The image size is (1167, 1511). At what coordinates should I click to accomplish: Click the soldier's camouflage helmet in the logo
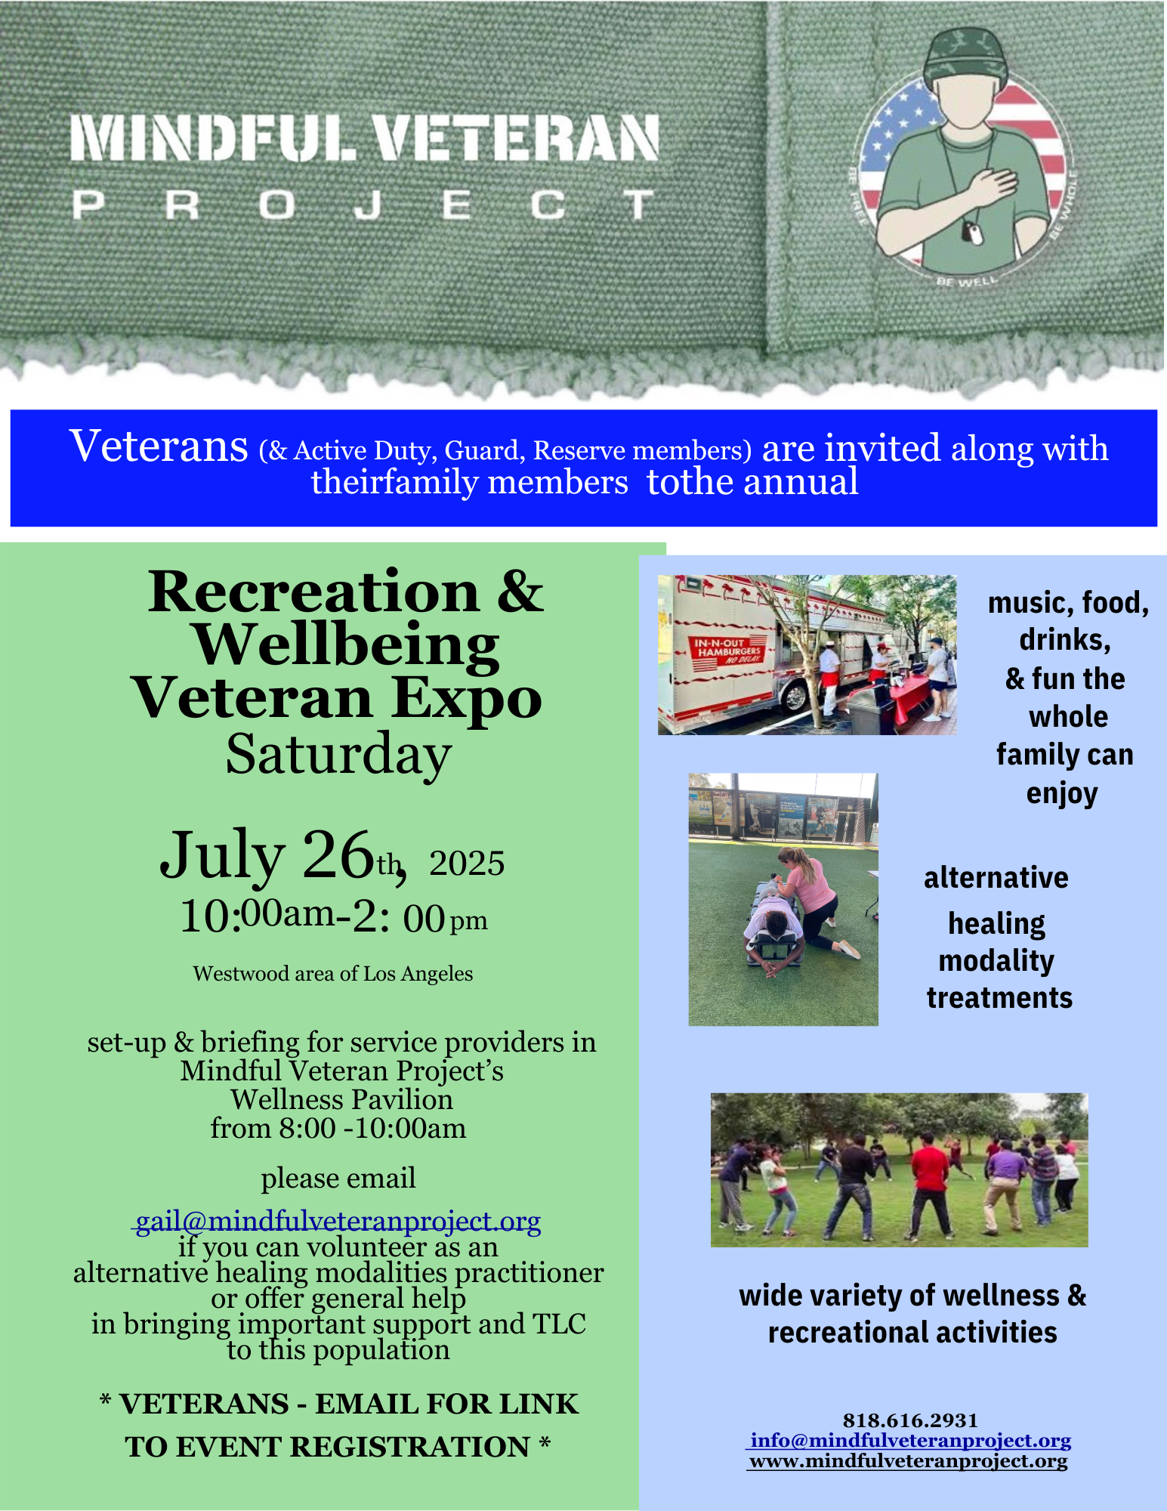click(967, 54)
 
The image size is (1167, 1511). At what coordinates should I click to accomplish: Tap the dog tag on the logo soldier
click(975, 233)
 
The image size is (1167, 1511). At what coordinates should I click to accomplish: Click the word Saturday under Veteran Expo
click(338, 754)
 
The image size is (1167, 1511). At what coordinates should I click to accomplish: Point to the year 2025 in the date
click(467, 864)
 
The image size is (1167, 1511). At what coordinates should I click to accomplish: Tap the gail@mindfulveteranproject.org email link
click(338, 1221)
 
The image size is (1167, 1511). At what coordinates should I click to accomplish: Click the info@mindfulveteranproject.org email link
click(910, 1441)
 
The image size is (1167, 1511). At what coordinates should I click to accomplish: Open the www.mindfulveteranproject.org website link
click(909, 1461)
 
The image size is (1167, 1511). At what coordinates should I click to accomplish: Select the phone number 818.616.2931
click(910, 1420)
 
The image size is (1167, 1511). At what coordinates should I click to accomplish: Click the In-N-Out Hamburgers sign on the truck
click(728, 650)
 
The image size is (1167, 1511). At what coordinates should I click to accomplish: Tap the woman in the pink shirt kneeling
click(812, 899)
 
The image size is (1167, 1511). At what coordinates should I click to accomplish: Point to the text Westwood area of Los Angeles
click(333, 974)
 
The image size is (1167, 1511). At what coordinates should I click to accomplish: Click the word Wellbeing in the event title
click(347, 645)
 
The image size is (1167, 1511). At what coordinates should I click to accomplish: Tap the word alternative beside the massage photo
click(996, 878)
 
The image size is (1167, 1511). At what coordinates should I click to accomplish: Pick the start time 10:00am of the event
click(257, 916)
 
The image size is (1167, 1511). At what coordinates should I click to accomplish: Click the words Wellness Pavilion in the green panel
click(342, 1099)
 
